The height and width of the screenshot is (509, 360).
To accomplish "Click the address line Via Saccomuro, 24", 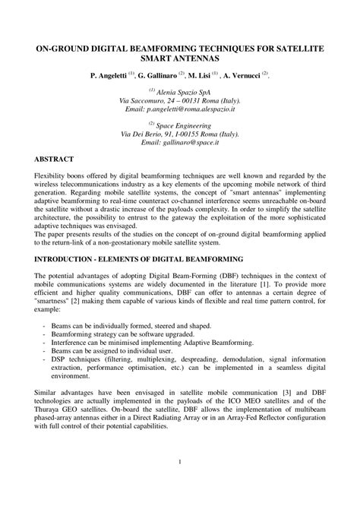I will coord(180,100).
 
